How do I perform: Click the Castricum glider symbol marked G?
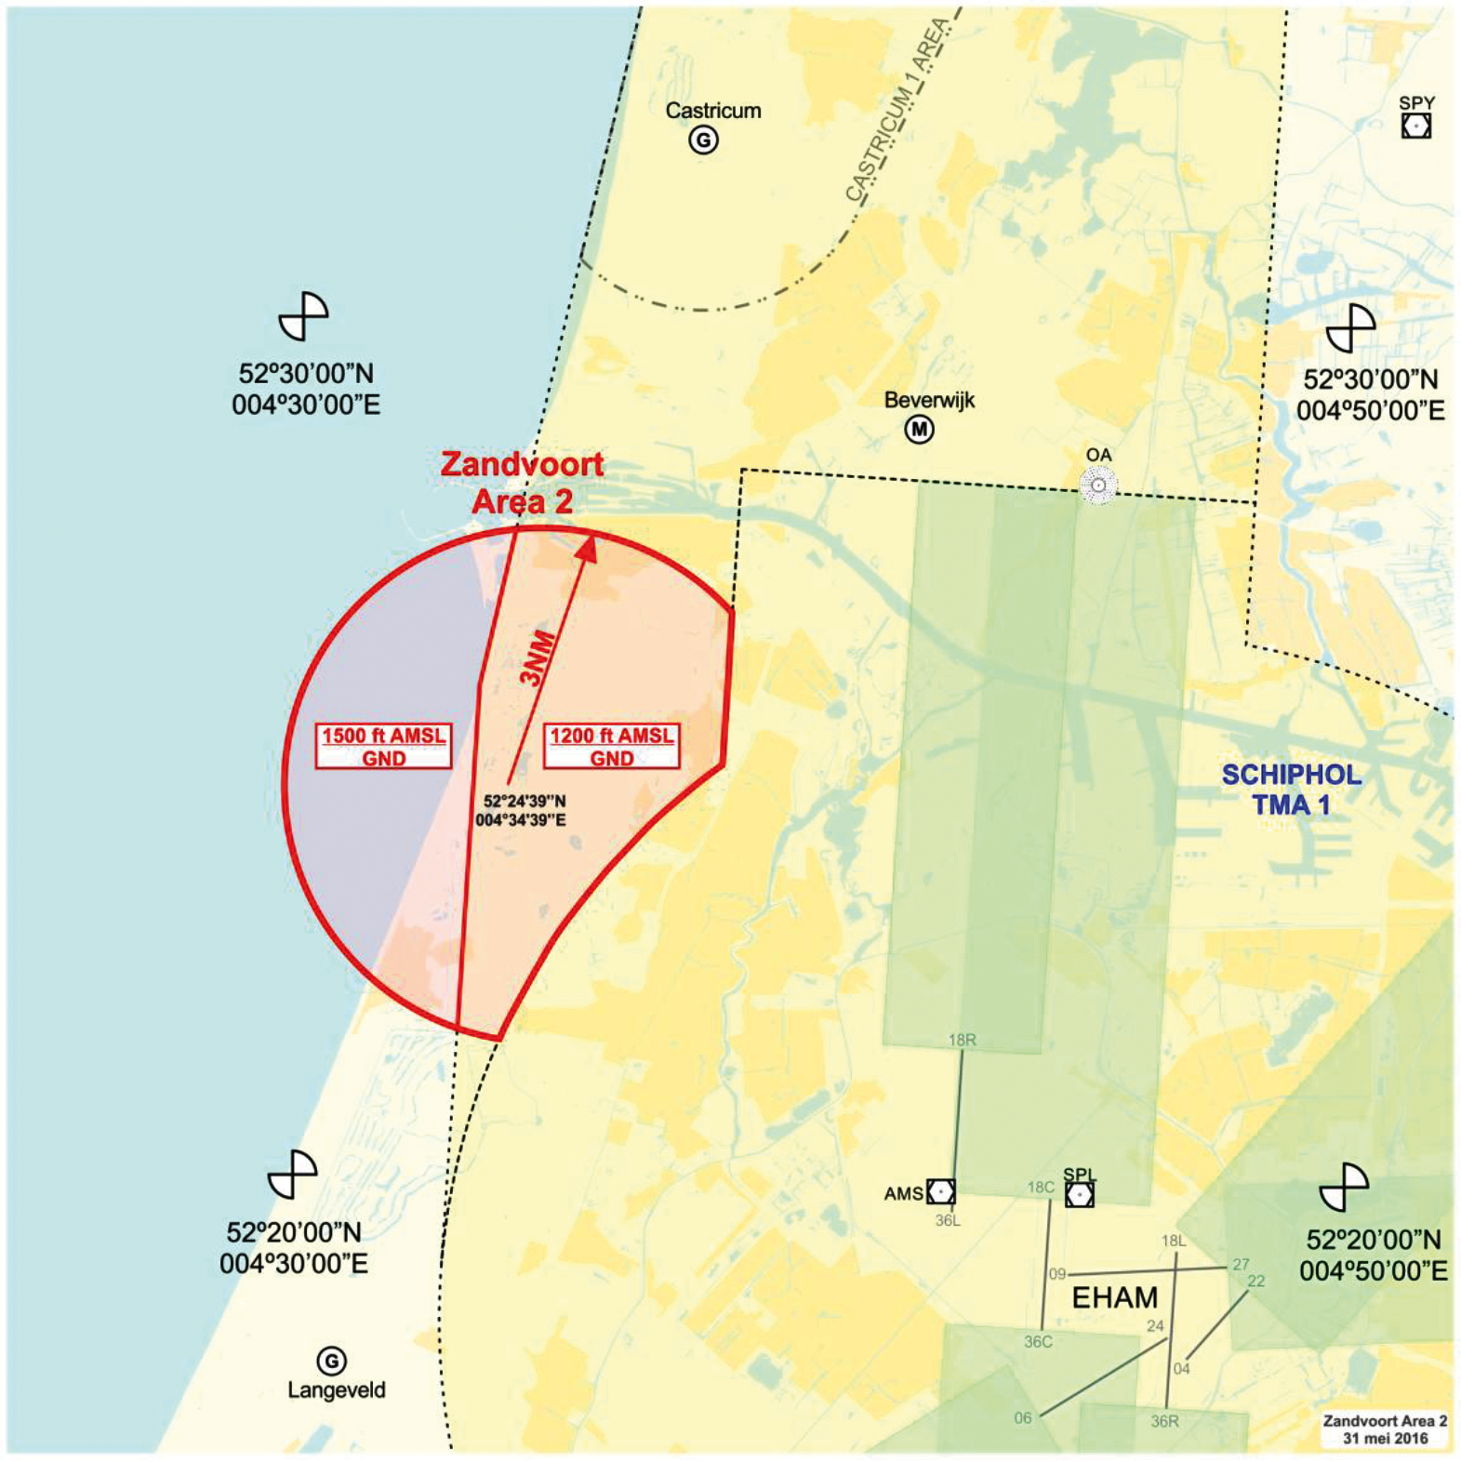tap(703, 140)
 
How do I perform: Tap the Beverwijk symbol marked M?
tap(919, 430)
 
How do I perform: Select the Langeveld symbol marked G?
tap(331, 1361)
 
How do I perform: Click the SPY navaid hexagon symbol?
tap(1415, 126)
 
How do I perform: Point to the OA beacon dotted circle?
tap(1098, 485)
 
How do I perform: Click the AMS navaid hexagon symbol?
tap(940, 1191)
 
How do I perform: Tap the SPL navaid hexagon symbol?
tap(1079, 1194)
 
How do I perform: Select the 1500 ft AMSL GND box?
tap(383, 747)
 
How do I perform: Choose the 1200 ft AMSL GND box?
tap(612, 747)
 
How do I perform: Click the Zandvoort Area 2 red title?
tap(522, 483)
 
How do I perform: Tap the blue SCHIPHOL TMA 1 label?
tap(1291, 790)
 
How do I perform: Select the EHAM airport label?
tap(1115, 1297)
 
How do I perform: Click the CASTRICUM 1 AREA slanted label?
tap(897, 112)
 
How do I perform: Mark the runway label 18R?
tap(962, 1040)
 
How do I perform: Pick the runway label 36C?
tap(1038, 1341)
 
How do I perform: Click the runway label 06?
tap(1022, 1417)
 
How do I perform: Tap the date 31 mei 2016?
tap(1385, 1438)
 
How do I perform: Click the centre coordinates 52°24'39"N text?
tap(525, 801)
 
